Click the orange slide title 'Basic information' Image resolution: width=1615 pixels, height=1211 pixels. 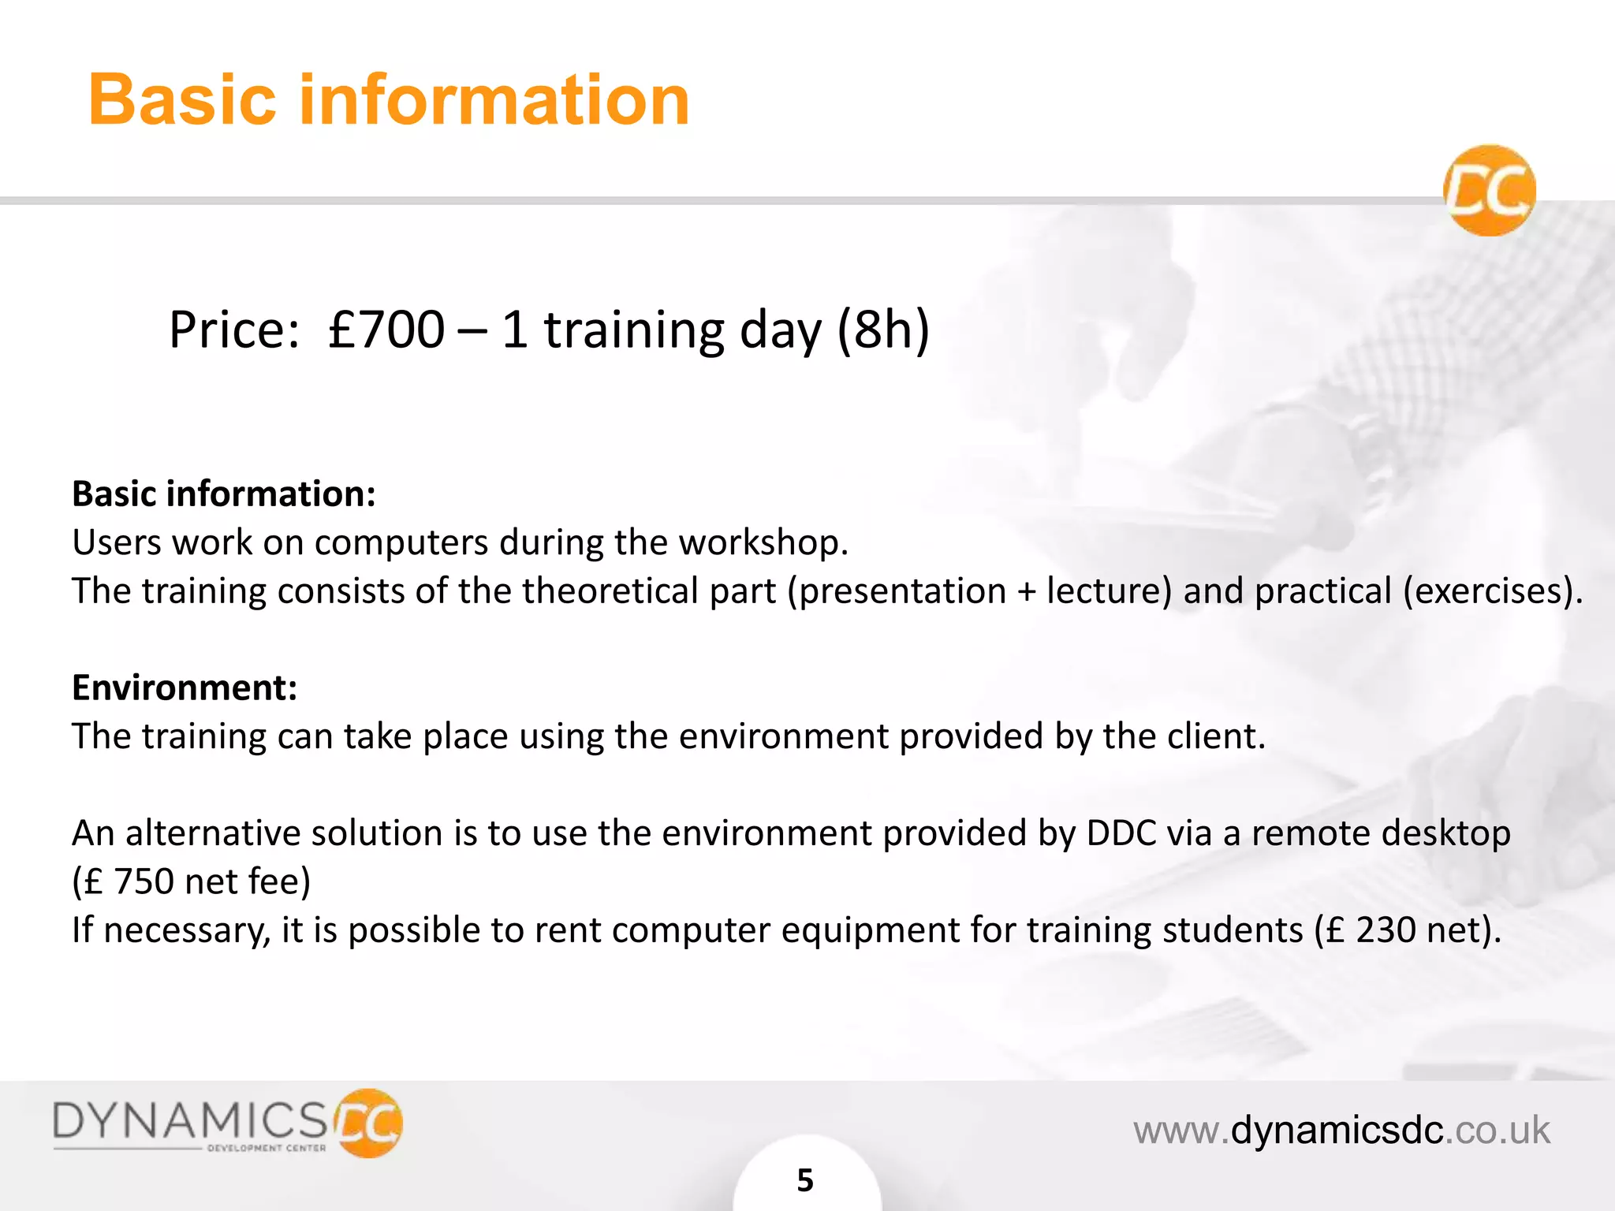389,100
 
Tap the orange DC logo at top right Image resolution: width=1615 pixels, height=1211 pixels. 1489,190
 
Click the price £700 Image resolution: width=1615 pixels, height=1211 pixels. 386,330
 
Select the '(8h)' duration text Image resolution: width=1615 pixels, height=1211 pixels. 882,330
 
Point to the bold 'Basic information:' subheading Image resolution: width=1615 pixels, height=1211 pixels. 224,494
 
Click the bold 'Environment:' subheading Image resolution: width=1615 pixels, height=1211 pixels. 185,687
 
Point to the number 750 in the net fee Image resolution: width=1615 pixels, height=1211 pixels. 144,881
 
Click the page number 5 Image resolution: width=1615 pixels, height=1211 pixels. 805,1180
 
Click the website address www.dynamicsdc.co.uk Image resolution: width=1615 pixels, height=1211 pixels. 1341,1130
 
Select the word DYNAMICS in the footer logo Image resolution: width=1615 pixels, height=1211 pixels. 190,1120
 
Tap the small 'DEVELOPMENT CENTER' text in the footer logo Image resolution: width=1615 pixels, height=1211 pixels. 266,1148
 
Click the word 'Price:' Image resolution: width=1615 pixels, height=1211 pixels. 234,330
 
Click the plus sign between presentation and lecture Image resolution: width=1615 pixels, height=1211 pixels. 1026,591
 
